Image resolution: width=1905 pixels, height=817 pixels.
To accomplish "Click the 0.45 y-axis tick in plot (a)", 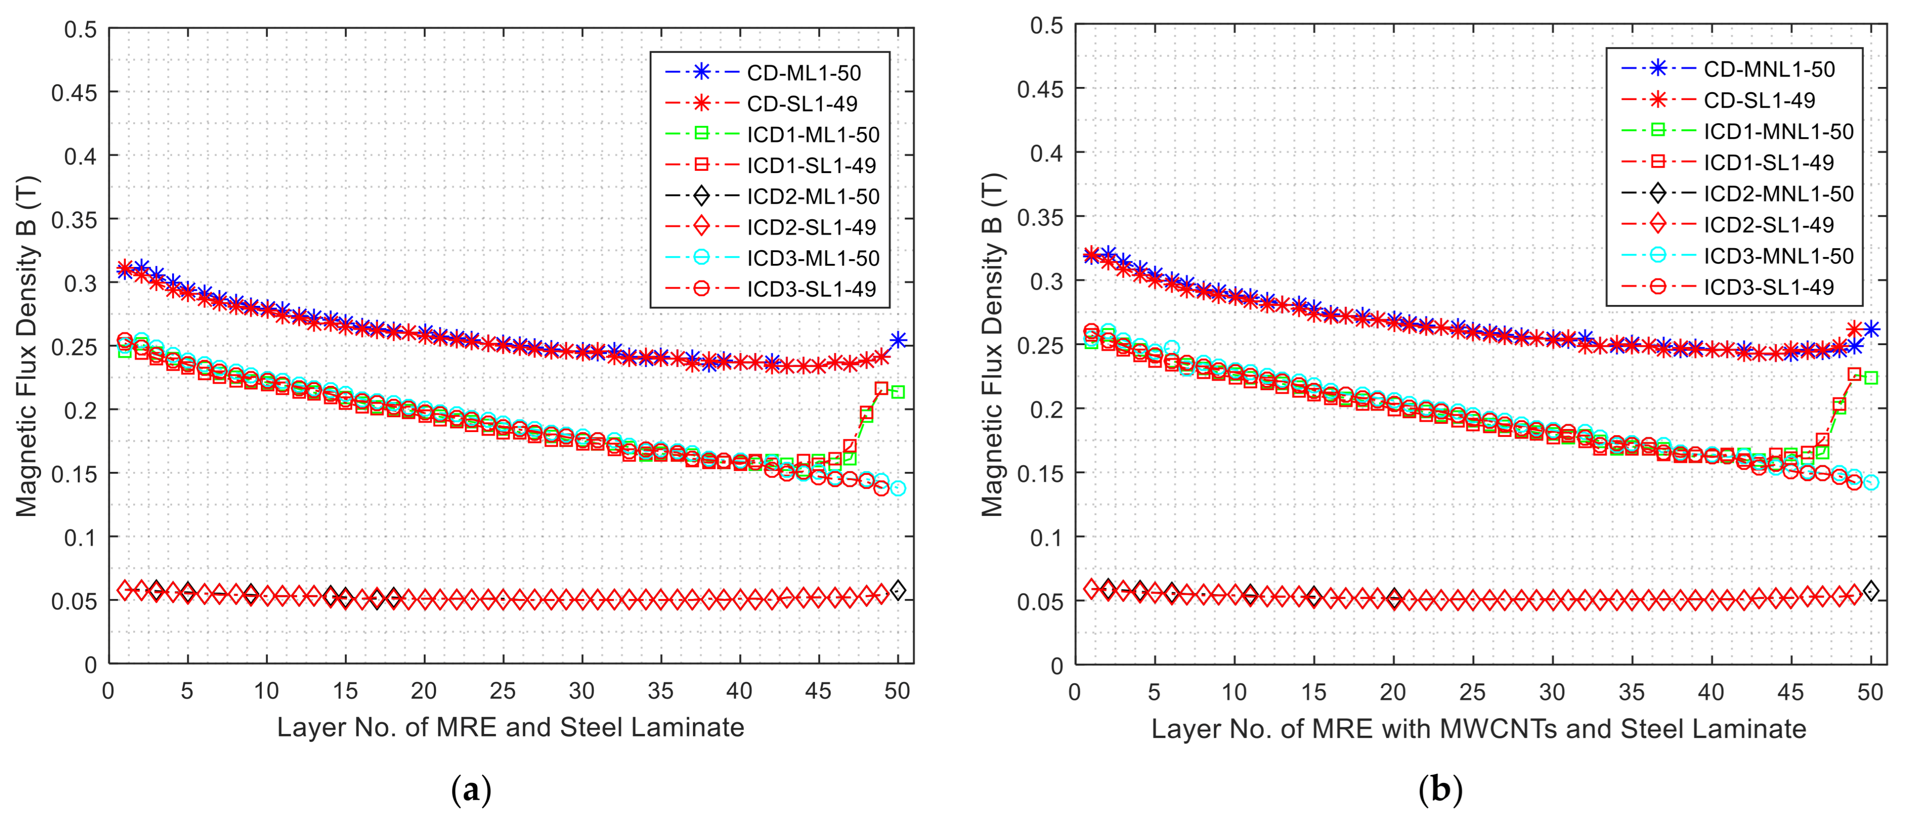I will click(x=74, y=93).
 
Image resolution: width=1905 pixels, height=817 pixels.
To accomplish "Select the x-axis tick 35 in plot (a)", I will click(x=660, y=691).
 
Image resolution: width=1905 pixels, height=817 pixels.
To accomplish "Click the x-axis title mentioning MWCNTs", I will click(x=1478, y=729).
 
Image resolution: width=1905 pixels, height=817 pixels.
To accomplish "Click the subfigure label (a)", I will click(x=471, y=791).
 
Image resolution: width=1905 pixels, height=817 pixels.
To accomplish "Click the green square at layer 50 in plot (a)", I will click(x=898, y=392).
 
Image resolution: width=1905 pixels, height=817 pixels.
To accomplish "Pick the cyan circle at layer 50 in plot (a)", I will click(x=898, y=488).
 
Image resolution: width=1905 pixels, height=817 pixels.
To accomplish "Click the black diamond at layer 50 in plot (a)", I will click(x=898, y=590).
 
